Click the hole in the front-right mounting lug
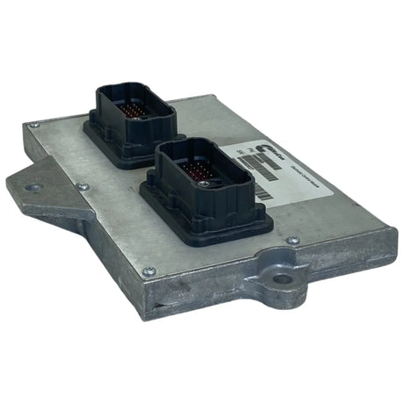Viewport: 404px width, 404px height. [282, 280]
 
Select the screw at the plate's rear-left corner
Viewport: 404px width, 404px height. [34, 126]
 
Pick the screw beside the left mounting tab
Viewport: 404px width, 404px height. [82, 186]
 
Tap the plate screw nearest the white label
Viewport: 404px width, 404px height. [292, 240]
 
